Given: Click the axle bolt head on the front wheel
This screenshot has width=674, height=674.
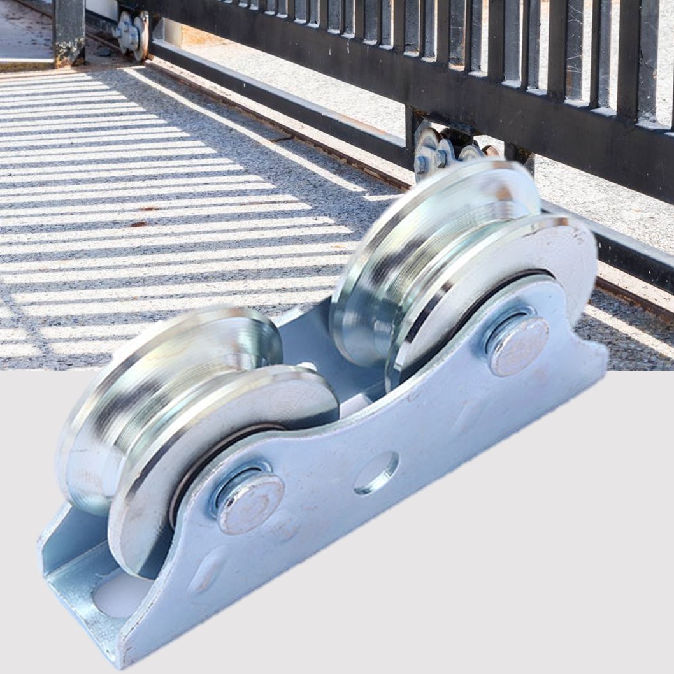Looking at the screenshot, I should pos(250,503).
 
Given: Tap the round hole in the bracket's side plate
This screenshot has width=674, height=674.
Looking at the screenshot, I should pos(376,473).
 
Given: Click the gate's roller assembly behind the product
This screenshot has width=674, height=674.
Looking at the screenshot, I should pos(446,150).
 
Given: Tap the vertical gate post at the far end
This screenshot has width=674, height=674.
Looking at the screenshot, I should pos(69,32).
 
